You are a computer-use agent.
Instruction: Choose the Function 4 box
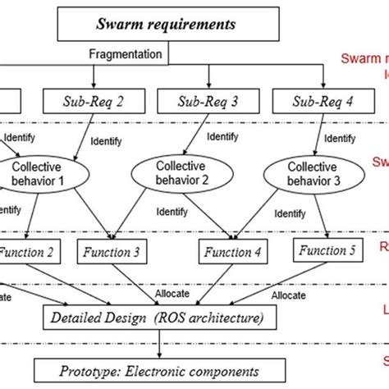(x=229, y=252)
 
